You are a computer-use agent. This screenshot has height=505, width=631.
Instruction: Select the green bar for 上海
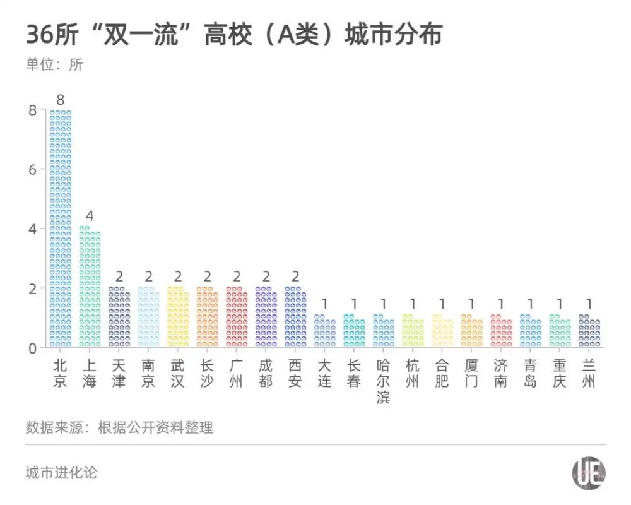tap(90, 287)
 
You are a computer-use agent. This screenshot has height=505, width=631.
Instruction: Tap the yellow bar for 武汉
tap(177, 317)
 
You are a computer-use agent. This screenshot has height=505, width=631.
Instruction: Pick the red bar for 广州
tap(237, 317)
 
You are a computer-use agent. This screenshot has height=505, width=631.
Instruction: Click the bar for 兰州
tap(589, 331)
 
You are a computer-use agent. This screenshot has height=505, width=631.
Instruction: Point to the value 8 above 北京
tap(60, 100)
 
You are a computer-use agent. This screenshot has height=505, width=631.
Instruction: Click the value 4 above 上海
tap(90, 217)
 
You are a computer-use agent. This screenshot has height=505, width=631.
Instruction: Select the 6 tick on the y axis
tap(32, 169)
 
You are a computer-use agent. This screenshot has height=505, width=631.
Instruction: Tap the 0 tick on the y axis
tap(32, 348)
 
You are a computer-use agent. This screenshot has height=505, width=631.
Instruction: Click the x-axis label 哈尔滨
tap(383, 381)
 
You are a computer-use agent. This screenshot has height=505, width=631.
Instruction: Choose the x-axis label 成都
tap(266, 374)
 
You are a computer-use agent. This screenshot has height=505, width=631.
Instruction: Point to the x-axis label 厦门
tap(471, 374)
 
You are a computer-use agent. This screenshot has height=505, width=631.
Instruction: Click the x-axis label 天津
tap(119, 374)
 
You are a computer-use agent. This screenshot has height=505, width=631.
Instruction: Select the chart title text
tap(233, 35)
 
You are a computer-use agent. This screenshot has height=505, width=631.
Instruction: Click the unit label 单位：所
tap(54, 65)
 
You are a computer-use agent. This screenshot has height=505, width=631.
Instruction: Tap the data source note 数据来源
tap(119, 427)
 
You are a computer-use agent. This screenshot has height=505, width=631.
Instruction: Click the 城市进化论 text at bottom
tap(62, 472)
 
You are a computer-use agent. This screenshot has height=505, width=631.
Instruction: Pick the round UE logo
tap(589, 473)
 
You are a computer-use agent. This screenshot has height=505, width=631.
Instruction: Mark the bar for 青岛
tap(530, 331)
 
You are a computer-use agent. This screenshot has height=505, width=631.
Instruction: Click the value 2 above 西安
tap(295, 276)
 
